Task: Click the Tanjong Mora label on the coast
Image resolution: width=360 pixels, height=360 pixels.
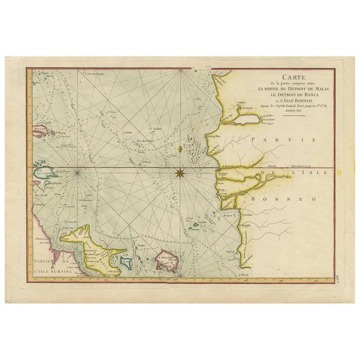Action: pos(213,136)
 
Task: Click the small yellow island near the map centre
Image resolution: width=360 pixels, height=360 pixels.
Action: pos(179,150)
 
